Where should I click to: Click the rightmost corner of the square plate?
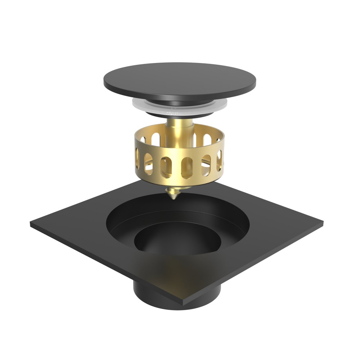[x=322, y=224]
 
